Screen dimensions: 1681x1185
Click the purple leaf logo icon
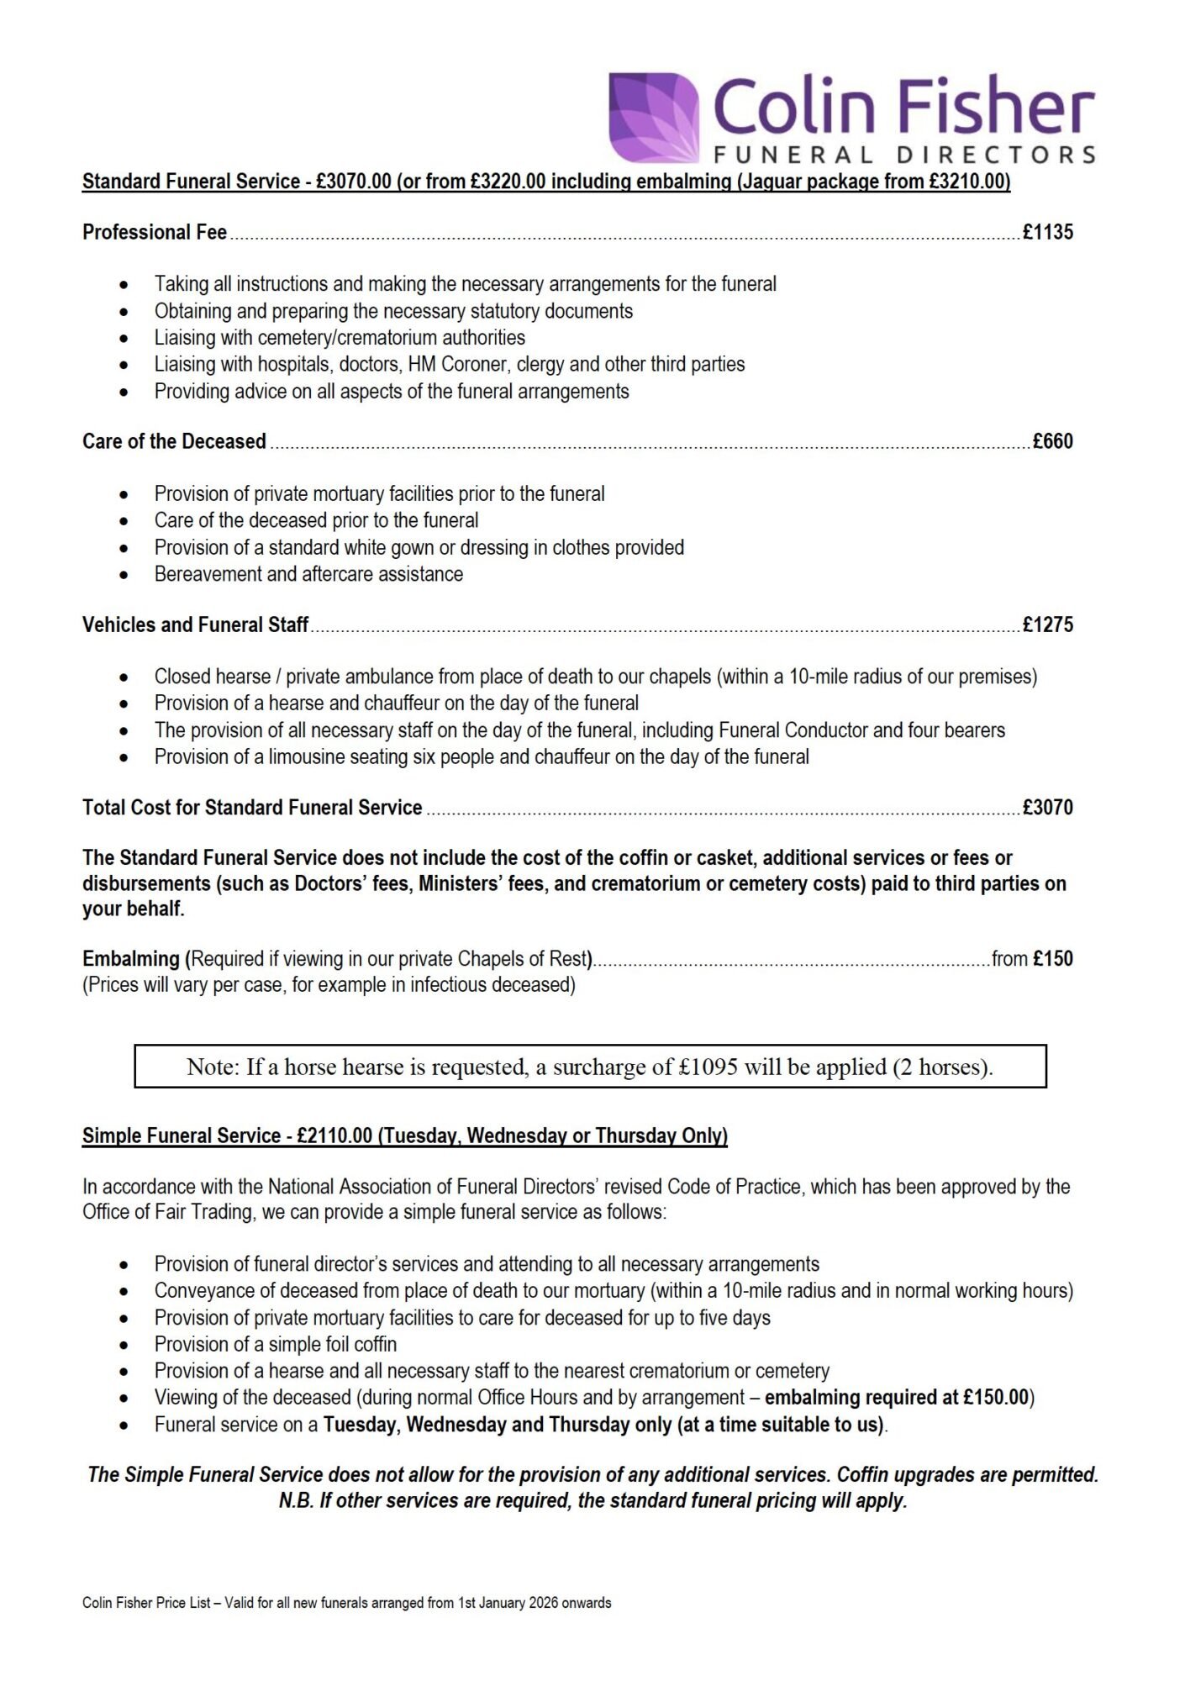654,117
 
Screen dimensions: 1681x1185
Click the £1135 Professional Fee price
1047,233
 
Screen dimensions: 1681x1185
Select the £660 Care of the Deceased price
1052,442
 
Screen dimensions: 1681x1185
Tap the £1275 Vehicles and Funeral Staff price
1047,625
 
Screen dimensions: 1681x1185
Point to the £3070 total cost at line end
1047,808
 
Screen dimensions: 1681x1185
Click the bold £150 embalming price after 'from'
1053,959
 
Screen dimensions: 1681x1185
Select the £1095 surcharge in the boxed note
708,1067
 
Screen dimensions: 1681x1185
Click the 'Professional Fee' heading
155,233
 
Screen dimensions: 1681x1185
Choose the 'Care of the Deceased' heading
174,442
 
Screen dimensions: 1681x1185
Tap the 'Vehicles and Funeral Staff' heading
195,625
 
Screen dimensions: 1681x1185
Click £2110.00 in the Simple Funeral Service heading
334,1136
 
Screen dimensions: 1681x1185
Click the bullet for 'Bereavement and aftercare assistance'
124,576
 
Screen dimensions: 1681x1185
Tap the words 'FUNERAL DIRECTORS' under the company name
904,155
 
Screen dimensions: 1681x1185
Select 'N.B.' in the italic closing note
296,1501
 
